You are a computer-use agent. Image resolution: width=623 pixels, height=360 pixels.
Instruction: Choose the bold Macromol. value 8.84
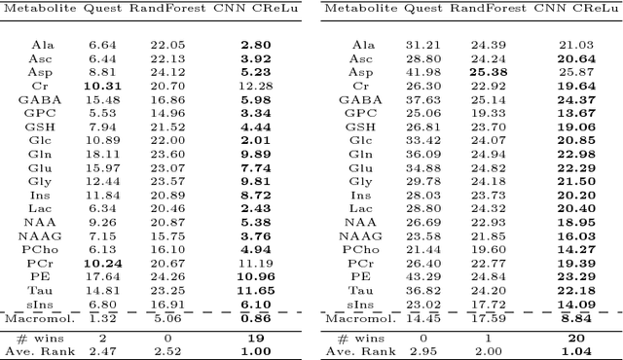(579, 317)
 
